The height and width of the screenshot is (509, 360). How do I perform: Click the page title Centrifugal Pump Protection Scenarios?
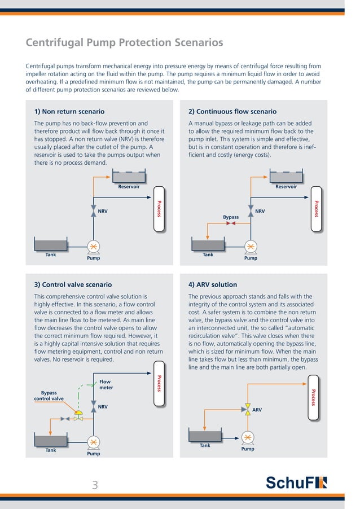tap(125, 43)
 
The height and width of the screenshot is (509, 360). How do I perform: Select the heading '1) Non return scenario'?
tap(69, 112)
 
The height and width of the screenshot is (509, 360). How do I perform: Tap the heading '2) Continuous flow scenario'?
tap(232, 112)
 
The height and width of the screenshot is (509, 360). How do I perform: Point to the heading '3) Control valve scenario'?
tap(73, 284)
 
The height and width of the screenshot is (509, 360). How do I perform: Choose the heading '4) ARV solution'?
tap(213, 284)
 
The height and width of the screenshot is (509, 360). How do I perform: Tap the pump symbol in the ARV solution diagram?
tap(247, 437)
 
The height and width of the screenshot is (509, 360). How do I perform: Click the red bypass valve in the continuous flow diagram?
tap(230, 223)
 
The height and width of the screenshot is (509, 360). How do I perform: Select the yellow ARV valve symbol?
tap(247, 407)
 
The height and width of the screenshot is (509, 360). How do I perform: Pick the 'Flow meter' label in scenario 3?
tap(106, 385)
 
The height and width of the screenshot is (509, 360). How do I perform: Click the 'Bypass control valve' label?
tap(49, 396)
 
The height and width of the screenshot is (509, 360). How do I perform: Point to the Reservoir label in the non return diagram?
tap(129, 187)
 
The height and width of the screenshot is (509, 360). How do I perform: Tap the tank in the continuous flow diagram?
tap(208, 244)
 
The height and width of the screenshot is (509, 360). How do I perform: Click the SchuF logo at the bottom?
tap(296, 483)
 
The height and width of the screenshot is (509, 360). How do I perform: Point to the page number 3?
tap(95, 484)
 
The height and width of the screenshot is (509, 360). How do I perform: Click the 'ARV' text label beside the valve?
tap(257, 410)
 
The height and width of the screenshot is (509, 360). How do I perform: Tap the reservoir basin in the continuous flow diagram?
tap(286, 177)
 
